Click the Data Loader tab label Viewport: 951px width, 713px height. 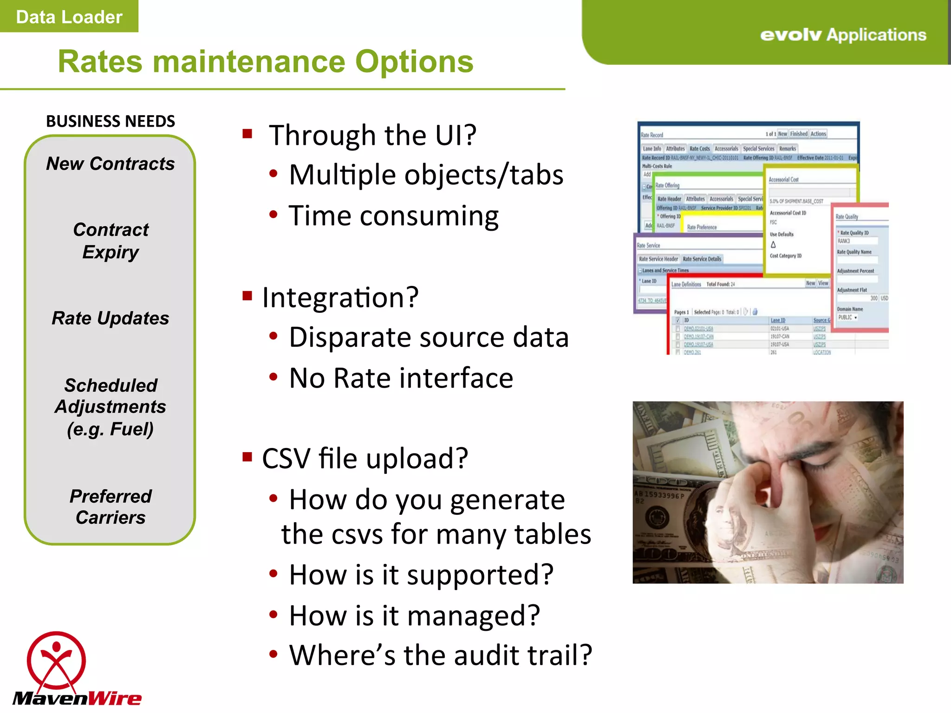[69, 17]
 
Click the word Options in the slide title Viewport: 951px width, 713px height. [414, 62]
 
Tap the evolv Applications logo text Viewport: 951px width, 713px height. [843, 35]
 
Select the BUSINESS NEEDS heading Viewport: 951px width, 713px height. [111, 122]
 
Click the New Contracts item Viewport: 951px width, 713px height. [111, 164]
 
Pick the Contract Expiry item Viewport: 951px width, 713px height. [111, 241]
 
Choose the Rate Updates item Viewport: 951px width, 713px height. [111, 318]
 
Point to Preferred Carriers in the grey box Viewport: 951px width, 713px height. [111, 507]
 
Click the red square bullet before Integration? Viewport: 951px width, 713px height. [247, 296]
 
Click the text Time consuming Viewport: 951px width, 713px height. [393, 216]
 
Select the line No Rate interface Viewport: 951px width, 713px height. [401, 378]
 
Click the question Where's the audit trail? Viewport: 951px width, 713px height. [440, 655]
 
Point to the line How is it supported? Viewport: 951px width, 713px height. [421, 575]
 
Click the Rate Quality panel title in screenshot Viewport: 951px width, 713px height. [847, 217]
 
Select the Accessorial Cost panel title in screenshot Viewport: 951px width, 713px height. [783, 180]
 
